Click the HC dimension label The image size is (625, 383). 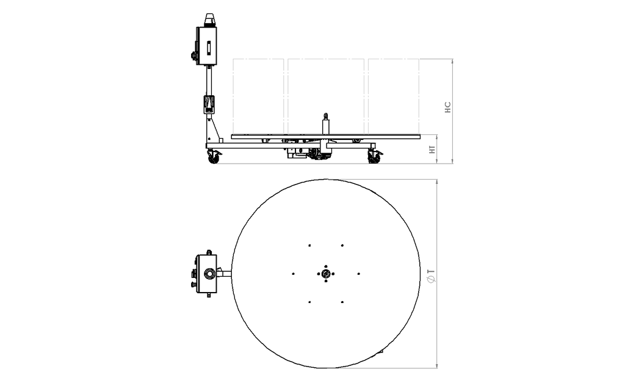click(x=447, y=108)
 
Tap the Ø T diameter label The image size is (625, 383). click(x=431, y=275)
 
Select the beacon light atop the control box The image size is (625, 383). click(x=209, y=20)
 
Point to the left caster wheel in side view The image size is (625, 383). click(x=213, y=157)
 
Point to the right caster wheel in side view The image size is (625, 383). click(x=374, y=157)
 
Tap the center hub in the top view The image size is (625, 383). click(x=326, y=274)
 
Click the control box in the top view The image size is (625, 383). click(x=206, y=273)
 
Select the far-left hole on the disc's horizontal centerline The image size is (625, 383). click(x=294, y=274)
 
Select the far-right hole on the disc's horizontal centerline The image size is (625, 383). click(x=359, y=274)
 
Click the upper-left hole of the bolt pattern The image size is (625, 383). click(x=310, y=246)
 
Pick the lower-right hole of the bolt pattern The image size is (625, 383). click(x=342, y=302)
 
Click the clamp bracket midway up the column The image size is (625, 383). click(x=209, y=103)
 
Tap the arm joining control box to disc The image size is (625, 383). click(x=225, y=274)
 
